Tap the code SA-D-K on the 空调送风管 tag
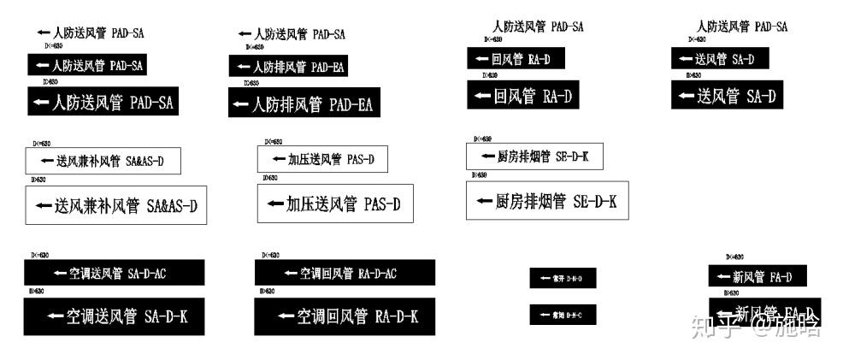pos(166,317)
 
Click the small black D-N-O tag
pos(562,278)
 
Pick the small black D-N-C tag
pos(562,315)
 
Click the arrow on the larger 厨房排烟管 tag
pos(483,202)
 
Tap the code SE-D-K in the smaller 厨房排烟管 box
pos(574,156)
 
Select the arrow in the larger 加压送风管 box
pos(275,204)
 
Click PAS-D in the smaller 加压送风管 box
pos(357,160)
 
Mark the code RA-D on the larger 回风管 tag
pos(558,96)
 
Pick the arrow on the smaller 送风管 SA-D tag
pos(685,60)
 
